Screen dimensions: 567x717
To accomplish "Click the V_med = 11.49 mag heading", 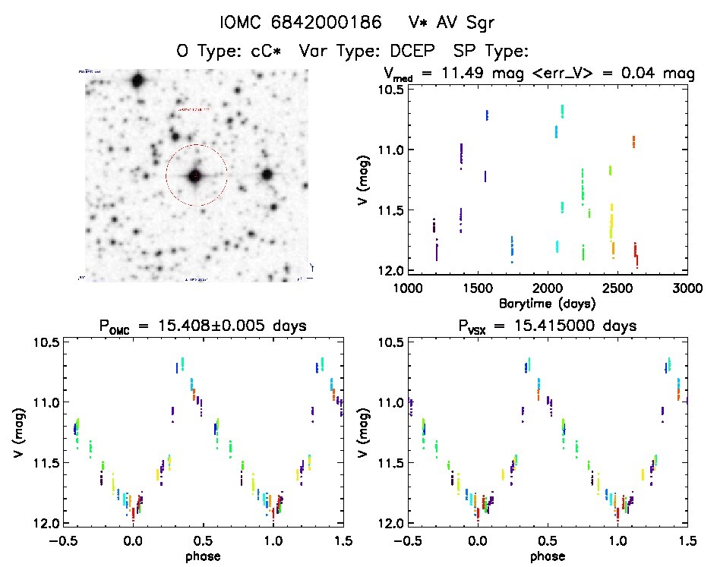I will [463, 74].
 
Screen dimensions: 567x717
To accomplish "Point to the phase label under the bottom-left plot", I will [204, 556].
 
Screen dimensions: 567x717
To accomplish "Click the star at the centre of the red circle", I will [196, 176].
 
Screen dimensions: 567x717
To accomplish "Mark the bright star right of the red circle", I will [267, 175].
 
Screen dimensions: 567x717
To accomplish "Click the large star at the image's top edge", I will [137, 80].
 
